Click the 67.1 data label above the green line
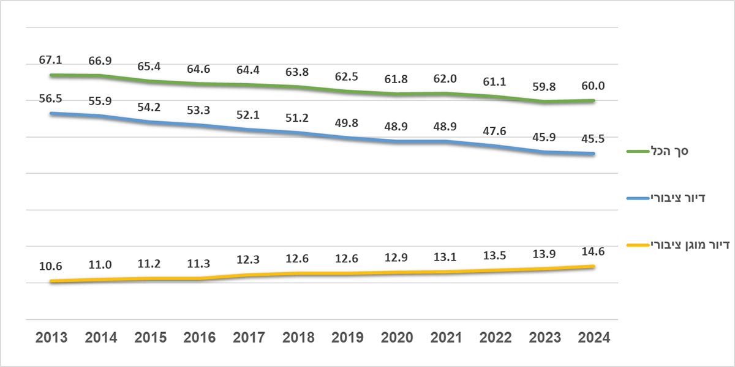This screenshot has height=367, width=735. click(51, 60)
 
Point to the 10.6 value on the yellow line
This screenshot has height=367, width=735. click(51, 266)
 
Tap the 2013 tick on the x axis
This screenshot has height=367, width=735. click(51, 338)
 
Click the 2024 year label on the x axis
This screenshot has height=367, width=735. click(593, 338)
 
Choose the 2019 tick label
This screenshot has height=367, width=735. click(347, 338)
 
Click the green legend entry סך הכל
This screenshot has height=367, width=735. click(668, 151)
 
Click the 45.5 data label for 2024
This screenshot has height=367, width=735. click(593, 139)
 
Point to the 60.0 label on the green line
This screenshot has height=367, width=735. click(593, 86)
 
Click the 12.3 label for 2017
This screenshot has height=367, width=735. click(248, 259)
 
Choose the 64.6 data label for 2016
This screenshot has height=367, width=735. click(199, 70)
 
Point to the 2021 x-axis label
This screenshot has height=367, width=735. click(445, 338)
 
